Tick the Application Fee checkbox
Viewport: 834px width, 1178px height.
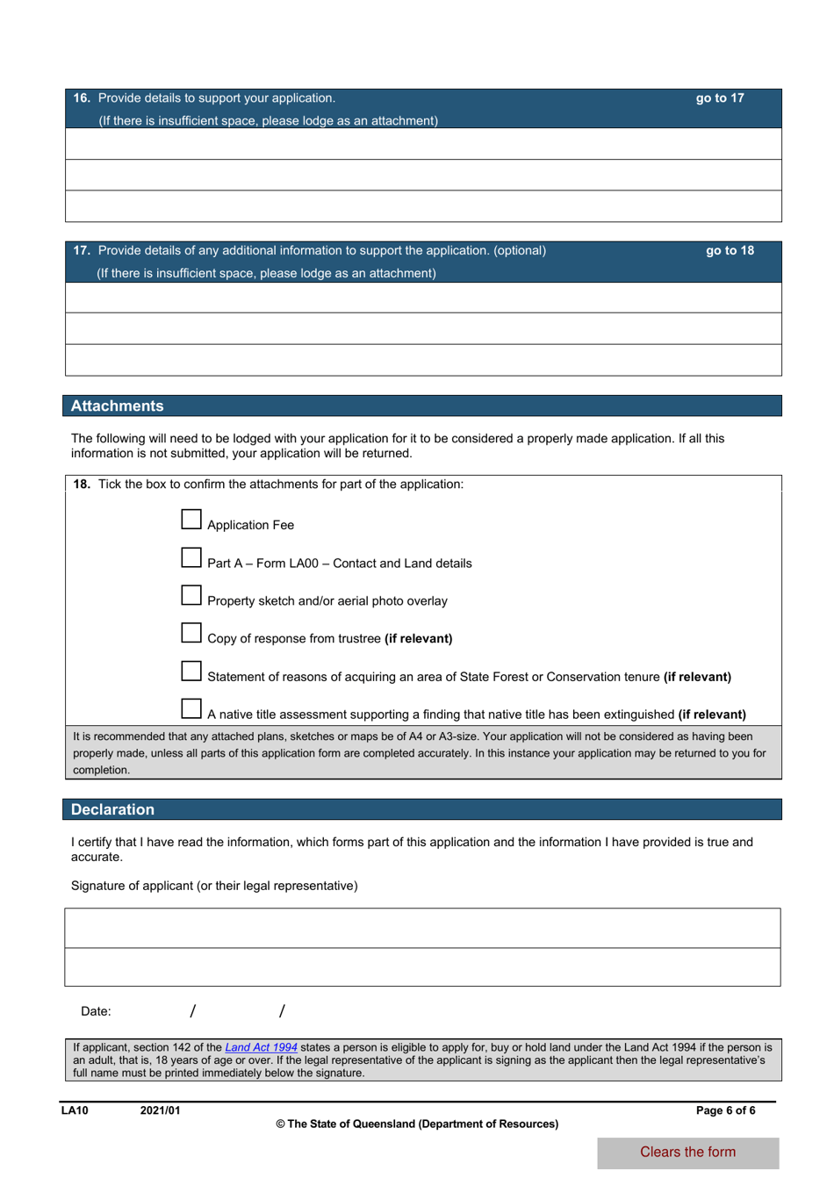point(191,520)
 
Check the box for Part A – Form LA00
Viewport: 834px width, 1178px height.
point(191,557)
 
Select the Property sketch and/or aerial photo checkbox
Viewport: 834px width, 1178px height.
point(191,595)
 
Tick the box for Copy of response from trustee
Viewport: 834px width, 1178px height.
point(191,633)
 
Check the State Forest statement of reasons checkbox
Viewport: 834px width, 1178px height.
point(191,671)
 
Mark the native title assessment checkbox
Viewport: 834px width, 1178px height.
point(191,708)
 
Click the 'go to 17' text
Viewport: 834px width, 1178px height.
point(720,98)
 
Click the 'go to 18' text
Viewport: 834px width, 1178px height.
point(730,251)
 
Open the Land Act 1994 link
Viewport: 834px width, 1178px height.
point(261,1047)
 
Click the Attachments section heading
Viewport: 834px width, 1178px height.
point(118,406)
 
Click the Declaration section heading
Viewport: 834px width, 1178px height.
point(112,810)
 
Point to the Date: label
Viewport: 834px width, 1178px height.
point(96,1011)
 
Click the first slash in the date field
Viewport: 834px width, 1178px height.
point(192,1011)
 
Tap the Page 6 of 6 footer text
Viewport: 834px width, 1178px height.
point(725,1110)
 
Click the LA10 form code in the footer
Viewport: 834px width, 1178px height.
point(75,1110)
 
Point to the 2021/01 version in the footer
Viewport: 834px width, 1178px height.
point(160,1110)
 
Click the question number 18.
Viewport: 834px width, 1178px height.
point(81,485)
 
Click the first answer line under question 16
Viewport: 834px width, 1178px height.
point(423,144)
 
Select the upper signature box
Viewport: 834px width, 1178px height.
point(422,928)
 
